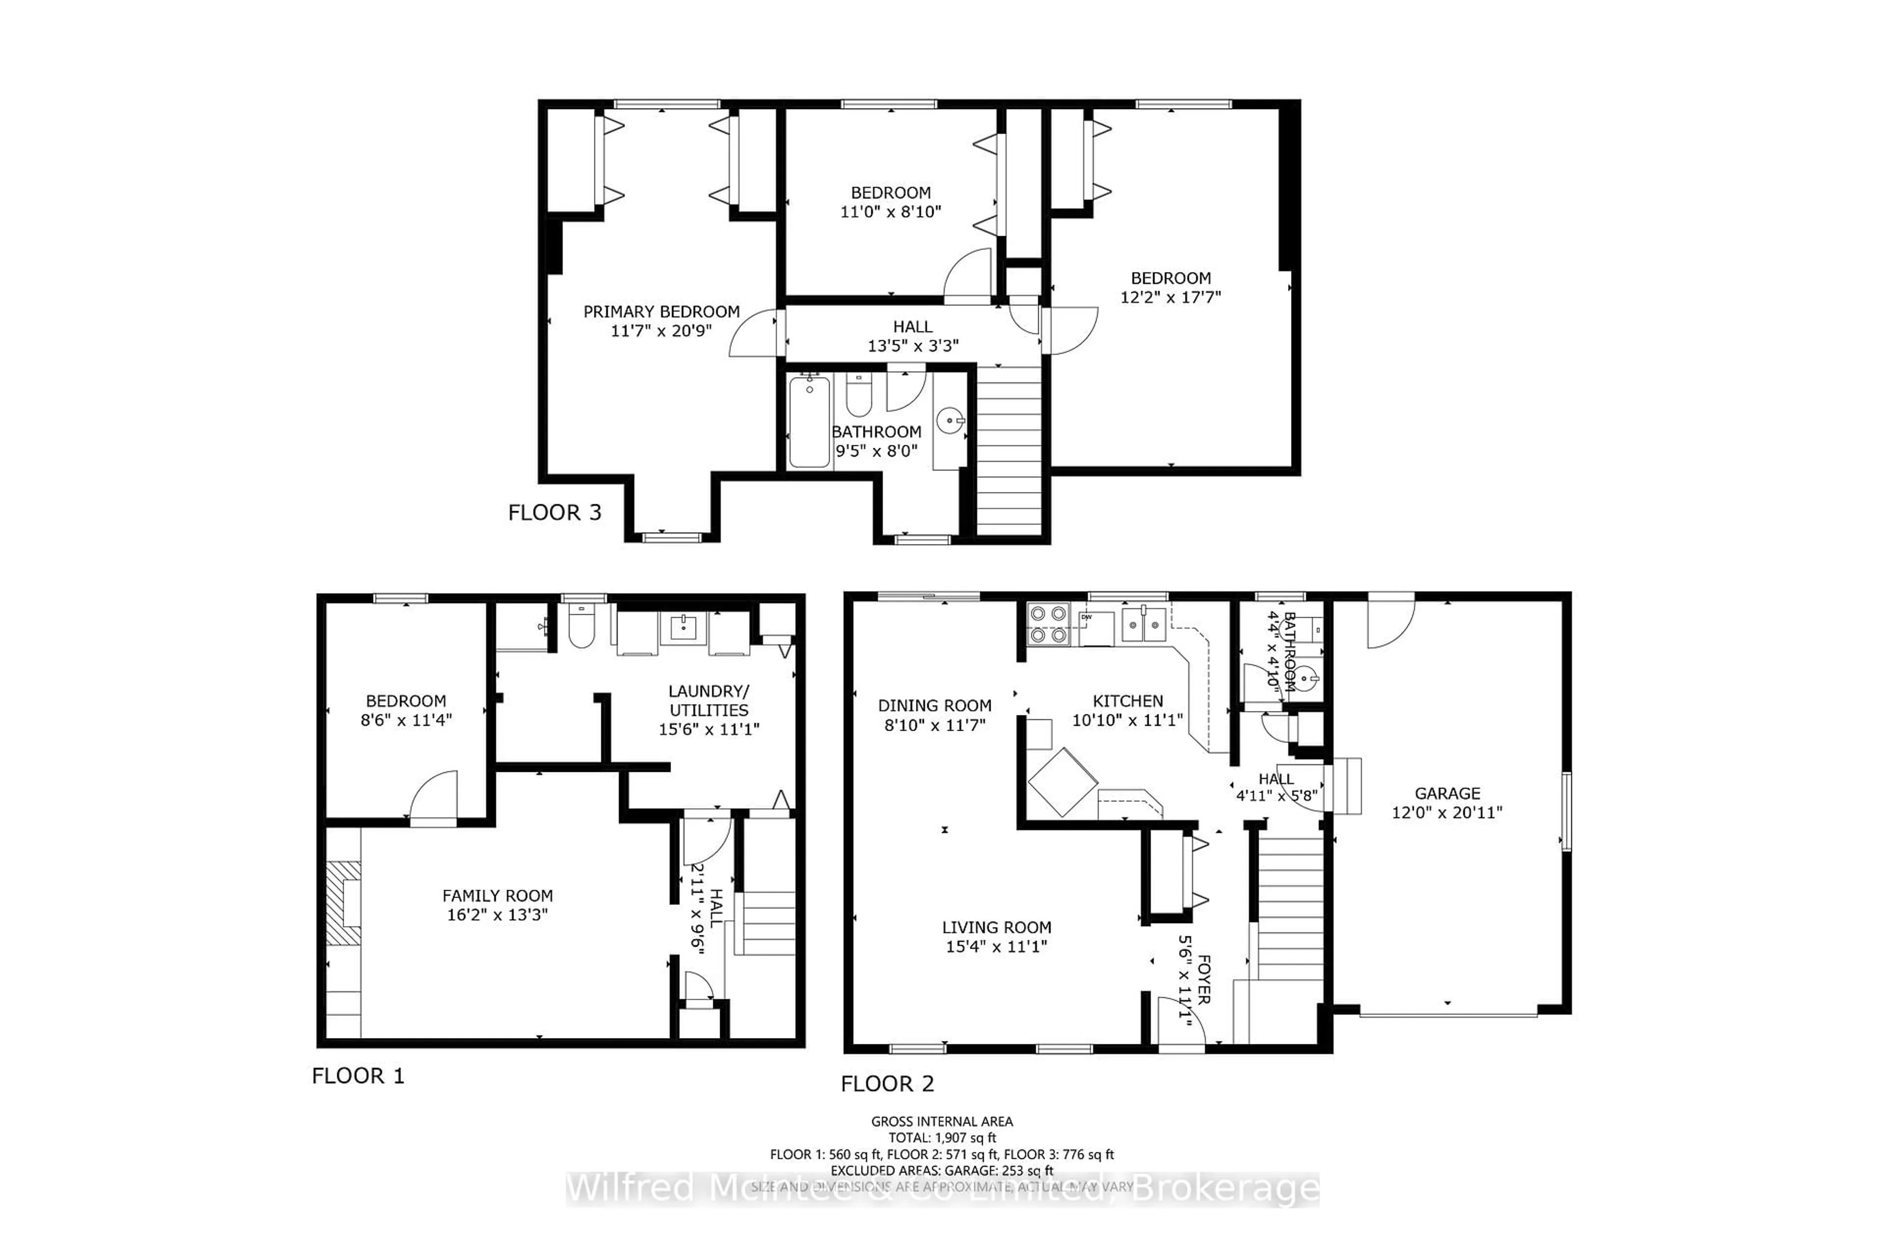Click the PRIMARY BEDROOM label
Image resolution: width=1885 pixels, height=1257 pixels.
(x=661, y=312)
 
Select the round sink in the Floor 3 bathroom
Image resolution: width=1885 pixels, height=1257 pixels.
(x=950, y=419)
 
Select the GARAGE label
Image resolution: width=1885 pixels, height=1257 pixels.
(x=1447, y=793)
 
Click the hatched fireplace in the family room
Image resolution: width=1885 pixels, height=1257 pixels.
(x=343, y=902)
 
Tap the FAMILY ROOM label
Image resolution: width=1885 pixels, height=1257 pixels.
(x=497, y=896)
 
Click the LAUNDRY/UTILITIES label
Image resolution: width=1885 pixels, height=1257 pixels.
(x=708, y=701)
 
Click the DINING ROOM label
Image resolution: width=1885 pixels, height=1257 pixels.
(x=935, y=706)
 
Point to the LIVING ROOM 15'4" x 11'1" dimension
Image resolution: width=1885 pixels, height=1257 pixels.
(x=996, y=947)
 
